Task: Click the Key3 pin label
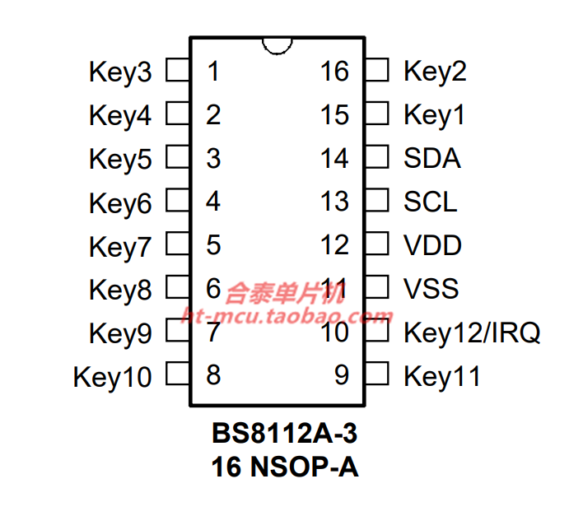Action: pyautogui.click(x=120, y=72)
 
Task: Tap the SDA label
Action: pyautogui.click(x=432, y=158)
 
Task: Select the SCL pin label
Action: pyautogui.click(x=431, y=202)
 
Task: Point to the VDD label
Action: pyautogui.click(x=433, y=245)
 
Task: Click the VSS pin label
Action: pyautogui.click(x=431, y=289)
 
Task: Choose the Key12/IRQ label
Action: pyautogui.click(x=472, y=333)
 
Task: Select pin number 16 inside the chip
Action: pyautogui.click(x=334, y=71)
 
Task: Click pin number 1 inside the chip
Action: pyautogui.click(x=213, y=71)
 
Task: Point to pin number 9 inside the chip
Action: pyautogui.click(x=342, y=374)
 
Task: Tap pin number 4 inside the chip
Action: pyautogui.click(x=213, y=202)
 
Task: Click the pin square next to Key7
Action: pyautogui.click(x=178, y=244)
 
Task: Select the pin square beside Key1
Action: pyautogui.click(x=377, y=114)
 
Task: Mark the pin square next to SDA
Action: pyautogui.click(x=377, y=156)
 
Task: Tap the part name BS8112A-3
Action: pyautogui.click(x=284, y=433)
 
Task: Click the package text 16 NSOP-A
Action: pyautogui.click(x=285, y=467)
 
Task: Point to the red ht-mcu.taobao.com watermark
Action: pyautogui.click(x=287, y=317)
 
